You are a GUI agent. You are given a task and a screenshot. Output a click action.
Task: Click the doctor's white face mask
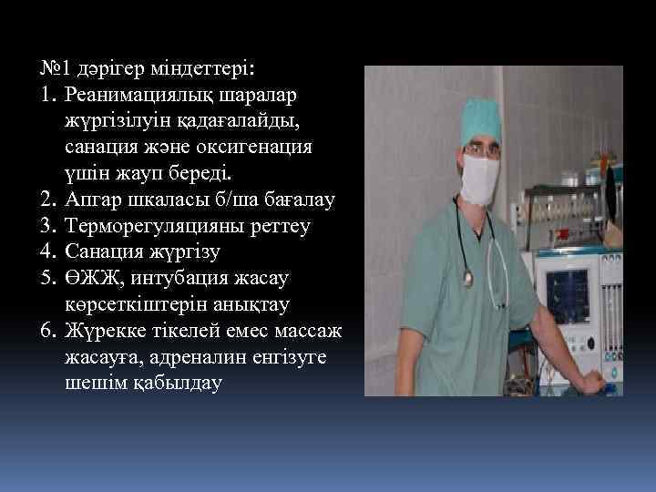click(x=484, y=177)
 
